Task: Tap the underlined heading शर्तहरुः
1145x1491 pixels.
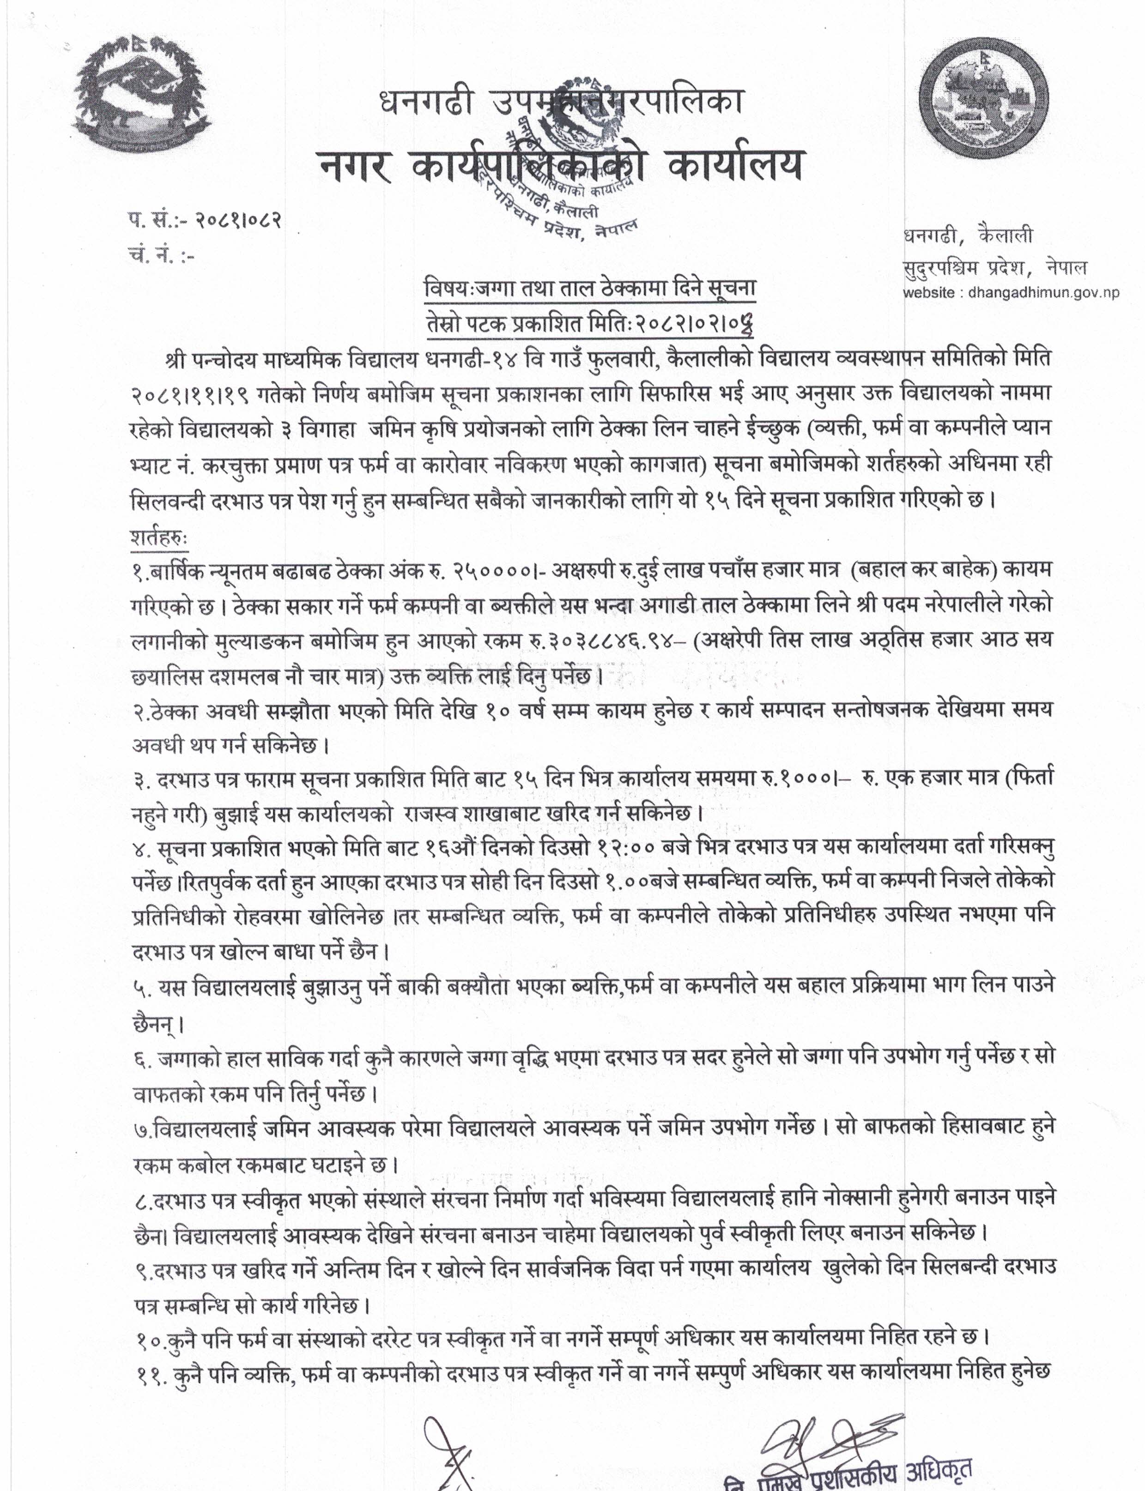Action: coord(159,537)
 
